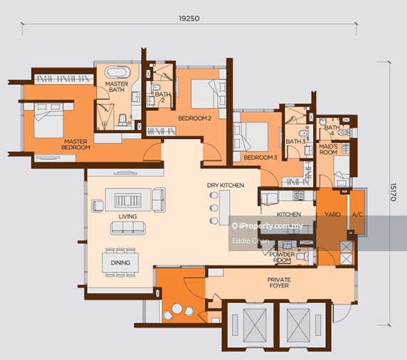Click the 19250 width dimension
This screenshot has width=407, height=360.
189,18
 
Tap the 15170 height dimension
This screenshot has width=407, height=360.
393,192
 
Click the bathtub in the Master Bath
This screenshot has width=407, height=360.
117,72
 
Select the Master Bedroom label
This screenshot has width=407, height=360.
76,144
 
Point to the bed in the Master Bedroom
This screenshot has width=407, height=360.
49,121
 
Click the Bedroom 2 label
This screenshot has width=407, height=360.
195,118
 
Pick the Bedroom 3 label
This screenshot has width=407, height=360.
260,157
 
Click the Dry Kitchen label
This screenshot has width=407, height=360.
226,185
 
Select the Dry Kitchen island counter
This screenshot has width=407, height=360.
225,208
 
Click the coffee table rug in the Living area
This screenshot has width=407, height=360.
128,200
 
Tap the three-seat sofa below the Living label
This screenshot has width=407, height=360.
128,228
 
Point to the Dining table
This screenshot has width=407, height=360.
120,263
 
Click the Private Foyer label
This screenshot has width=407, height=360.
279,282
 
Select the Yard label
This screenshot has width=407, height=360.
332,214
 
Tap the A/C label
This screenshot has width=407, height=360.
357,214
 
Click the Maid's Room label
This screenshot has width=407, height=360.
328,149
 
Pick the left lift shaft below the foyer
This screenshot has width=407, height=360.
250,325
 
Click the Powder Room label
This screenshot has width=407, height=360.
282,258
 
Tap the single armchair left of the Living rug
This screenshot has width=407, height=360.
97,206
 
